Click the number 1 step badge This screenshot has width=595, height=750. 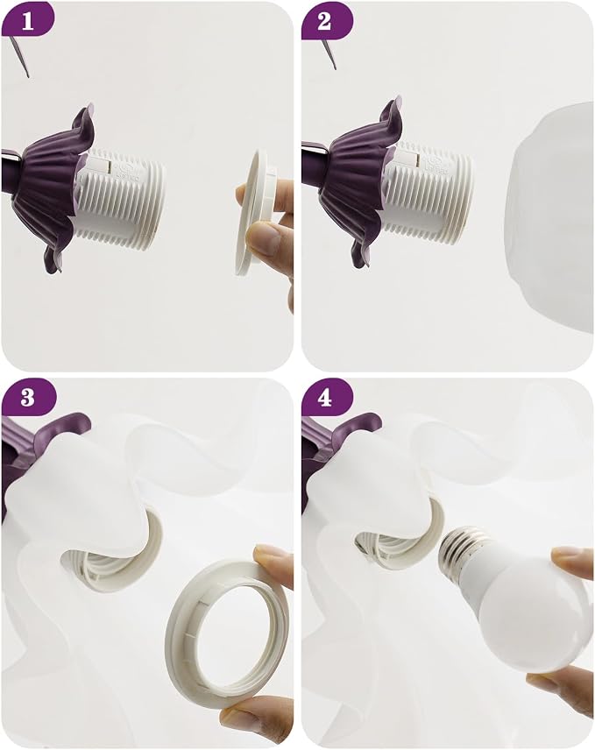point(28,21)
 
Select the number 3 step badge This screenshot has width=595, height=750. point(29,397)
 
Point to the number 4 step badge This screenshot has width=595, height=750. point(326,397)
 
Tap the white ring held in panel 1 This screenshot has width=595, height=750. point(253,213)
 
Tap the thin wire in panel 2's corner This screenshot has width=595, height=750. point(329,53)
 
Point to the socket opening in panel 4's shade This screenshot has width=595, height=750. point(400,535)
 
